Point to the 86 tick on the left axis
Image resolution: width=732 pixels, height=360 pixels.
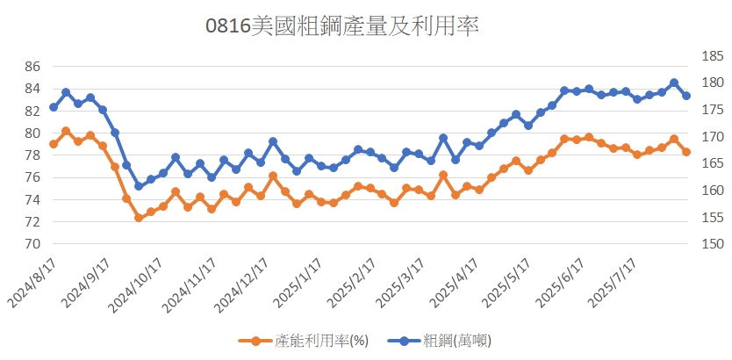pyautogui.click(x=32, y=66)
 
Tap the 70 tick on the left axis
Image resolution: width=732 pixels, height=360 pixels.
pyautogui.click(x=32, y=244)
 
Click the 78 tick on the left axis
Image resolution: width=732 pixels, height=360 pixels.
pyautogui.click(x=32, y=155)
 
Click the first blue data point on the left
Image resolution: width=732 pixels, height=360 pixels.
pyautogui.click(x=54, y=107)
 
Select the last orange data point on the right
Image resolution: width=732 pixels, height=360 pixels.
pyautogui.click(x=686, y=152)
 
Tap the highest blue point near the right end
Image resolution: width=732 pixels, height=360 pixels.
pyautogui.click(x=674, y=83)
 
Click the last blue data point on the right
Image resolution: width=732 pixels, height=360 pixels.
pyautogui.click(x=686, y=96)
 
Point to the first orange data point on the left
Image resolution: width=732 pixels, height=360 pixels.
pyautogui.click(x=54, y=144)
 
